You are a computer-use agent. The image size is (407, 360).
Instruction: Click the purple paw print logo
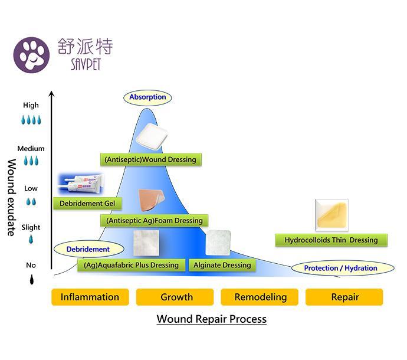(x=31, y=55)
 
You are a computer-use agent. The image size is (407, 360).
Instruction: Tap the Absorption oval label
(x=147, y=97)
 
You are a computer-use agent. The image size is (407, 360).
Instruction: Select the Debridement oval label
(x=88, y=249)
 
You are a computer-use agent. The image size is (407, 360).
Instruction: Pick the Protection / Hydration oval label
(x=340, y=268)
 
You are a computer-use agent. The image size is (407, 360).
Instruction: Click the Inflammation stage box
(x=90, y=297)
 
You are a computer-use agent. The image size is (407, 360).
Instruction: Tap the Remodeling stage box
(x=260, y=297)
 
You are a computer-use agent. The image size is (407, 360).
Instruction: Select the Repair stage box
(x=344, y=297)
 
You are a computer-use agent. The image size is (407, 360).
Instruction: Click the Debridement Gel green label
(x=87, y=204)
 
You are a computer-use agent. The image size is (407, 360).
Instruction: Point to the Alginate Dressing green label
(x=222, y=265)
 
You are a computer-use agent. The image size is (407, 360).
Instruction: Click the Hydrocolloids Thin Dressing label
(x=331, y=240)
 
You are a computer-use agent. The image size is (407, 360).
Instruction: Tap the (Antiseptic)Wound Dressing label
(x=150, y=159)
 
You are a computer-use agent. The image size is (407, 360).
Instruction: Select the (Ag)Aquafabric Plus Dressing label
(x=131, y=265)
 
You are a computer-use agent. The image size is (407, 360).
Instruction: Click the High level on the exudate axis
(x=31, y=106)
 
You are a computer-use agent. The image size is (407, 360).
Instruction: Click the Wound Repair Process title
(x=211, y=319)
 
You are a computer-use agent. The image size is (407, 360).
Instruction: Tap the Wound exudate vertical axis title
(x=11, y=197)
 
